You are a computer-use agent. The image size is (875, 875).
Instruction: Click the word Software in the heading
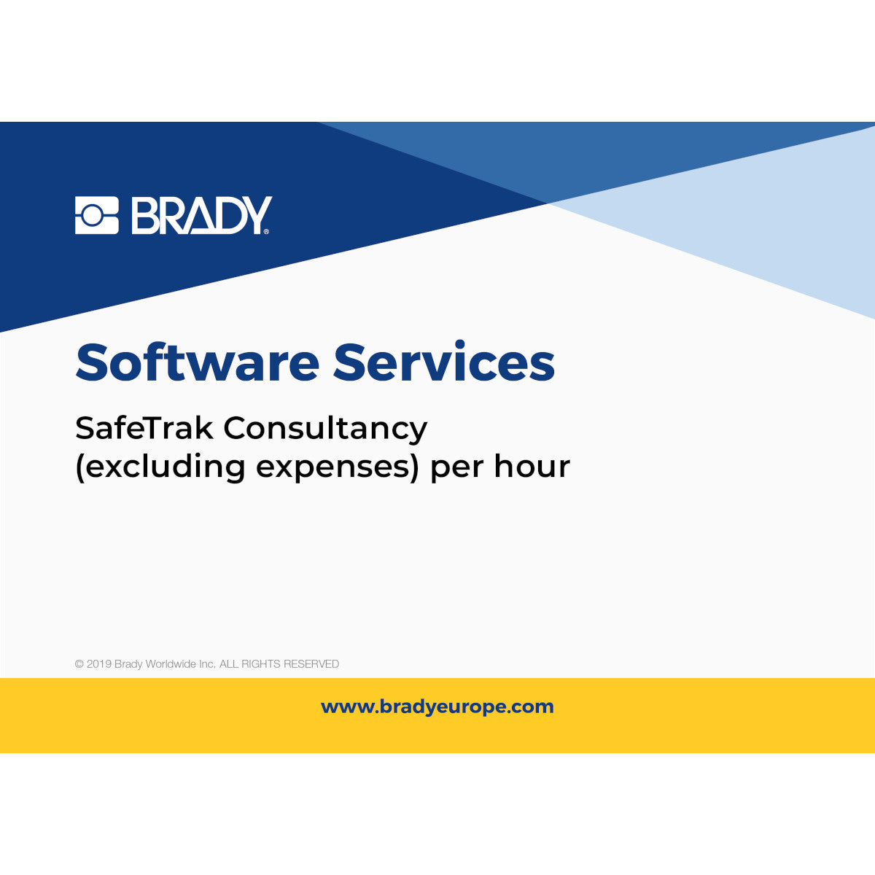pyautogui.click(x=197, y=362)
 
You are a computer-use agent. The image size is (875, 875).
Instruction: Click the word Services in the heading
pyautogui.click(x=444, y=362)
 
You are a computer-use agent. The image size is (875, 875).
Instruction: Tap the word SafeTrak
pyautogui.click(x=144, y=428)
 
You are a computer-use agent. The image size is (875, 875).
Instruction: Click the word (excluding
pyautogui.click(x=160, y=467)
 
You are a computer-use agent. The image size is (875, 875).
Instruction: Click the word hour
pyautogui.click(x=532, y=467)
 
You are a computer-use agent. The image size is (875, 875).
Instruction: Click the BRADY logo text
pyautogui.click(x=201, y=215)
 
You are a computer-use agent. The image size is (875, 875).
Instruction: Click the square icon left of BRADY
pyautogui.click(x=96, y=215)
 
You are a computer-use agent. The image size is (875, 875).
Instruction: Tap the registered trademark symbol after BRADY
pyautogui.click(x=266, y=231)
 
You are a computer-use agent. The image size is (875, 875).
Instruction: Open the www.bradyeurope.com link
pyautogui.click(x=437, y=707)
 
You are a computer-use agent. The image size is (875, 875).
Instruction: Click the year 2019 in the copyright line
pyautogui.click(x=99, y=664)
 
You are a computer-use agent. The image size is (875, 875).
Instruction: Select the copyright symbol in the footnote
pyautogui.click(x=79, y=664)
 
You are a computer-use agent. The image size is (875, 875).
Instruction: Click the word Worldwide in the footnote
pyautogui.click(x=171, y=664)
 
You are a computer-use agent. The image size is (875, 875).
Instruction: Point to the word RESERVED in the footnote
pyautogui.click(x=311, y=664)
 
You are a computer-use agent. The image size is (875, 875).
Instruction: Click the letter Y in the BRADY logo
pyautogui.click(x=257, y=215)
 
